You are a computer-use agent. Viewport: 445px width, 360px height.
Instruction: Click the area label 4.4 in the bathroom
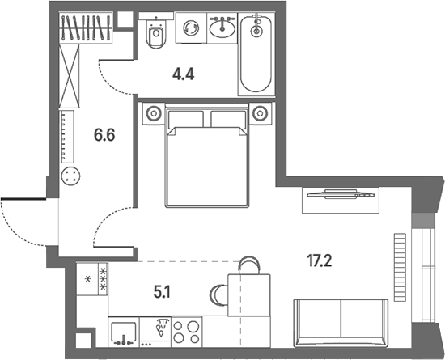(183, 74)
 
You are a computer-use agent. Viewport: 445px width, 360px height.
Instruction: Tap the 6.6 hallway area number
(104, 135)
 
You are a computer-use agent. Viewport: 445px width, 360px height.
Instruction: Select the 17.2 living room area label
(320, 260)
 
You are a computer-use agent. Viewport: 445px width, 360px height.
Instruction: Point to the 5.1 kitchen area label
(162, 293)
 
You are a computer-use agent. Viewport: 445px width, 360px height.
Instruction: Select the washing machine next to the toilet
(191, 28)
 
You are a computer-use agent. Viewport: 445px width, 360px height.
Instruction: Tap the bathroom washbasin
(222, 28)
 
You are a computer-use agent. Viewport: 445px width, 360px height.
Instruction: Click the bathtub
(256, 54)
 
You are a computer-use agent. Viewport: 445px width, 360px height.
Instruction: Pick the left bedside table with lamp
(154, 113)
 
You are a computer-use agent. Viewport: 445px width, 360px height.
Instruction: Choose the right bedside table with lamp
(261, 113)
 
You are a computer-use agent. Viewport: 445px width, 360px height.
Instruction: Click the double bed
(207, 155)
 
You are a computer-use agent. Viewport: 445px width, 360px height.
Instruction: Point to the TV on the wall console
(341, 194)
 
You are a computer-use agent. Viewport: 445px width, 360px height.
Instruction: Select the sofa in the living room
(341, 323)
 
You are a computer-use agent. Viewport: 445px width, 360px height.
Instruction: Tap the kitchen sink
(124, 332)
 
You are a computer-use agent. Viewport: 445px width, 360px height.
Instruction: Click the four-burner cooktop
(186, 332)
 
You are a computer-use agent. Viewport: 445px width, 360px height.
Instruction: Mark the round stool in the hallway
(70, 176)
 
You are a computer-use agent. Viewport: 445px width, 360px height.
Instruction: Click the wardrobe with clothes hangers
(86, 28)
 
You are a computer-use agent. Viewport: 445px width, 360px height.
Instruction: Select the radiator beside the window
(400, 267)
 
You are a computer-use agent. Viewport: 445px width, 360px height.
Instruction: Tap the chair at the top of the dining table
(249, 265)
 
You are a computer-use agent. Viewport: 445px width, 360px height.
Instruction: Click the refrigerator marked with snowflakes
(92, 279)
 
